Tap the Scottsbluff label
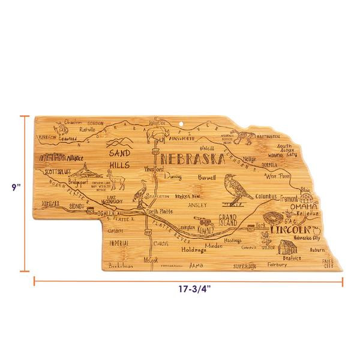pyautogui.click(x=58, y=172)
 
